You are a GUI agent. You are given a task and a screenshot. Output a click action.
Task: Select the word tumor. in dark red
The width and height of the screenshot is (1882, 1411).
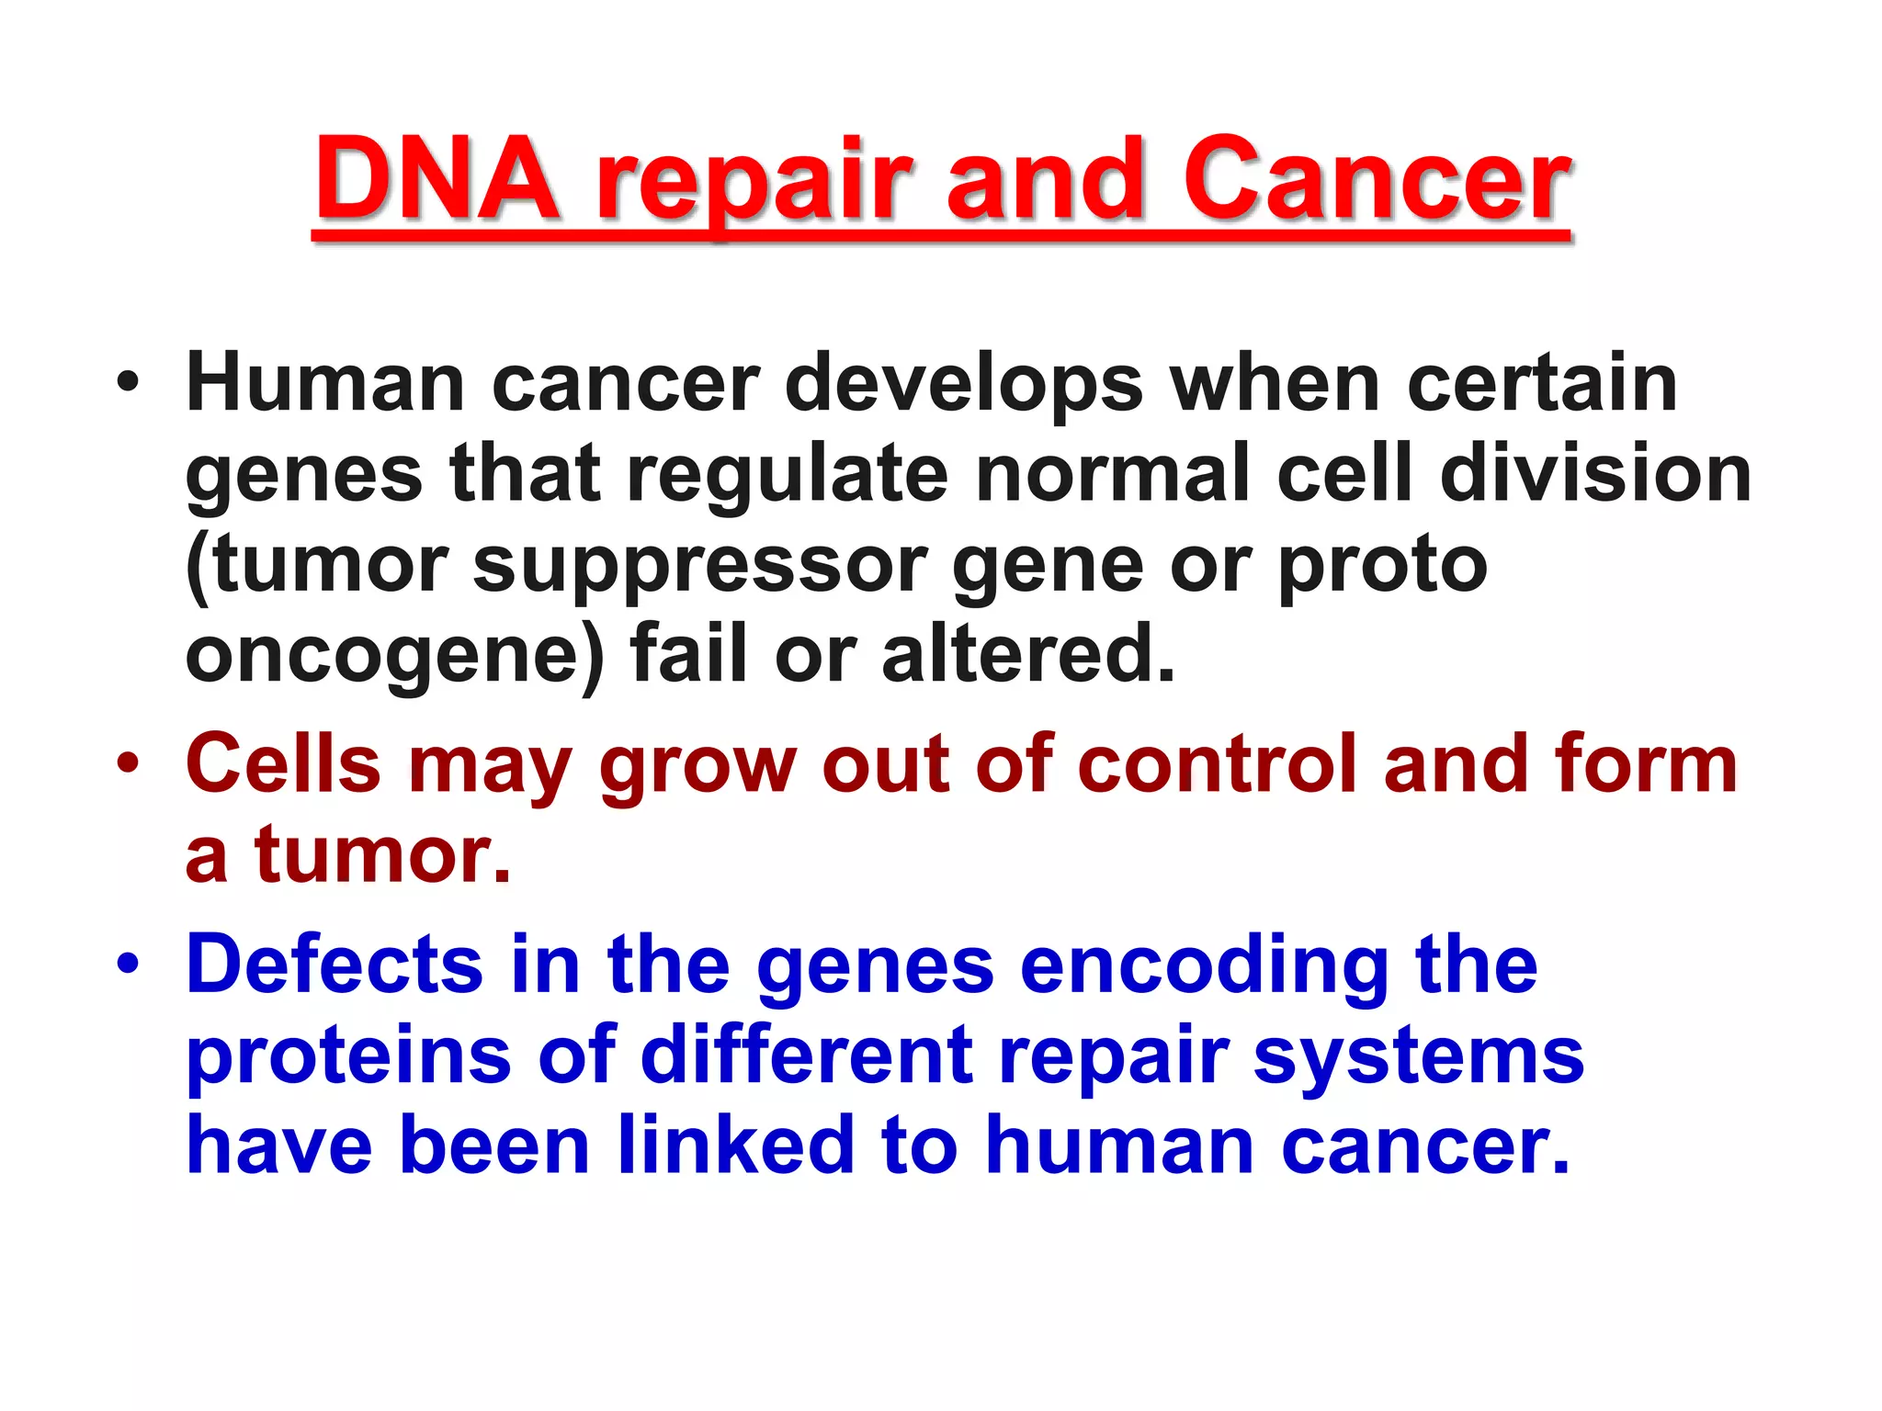tap(382, 854)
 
